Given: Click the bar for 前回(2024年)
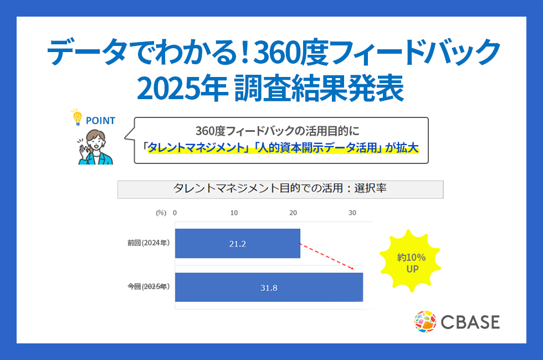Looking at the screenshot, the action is (x=238, y=243).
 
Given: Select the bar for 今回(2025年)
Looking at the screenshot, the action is (x=269, y=287).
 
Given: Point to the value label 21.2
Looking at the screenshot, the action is (x=238, y=244).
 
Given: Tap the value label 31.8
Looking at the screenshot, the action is (x=269, y=288).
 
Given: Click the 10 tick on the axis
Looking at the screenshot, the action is (x=234, y=213).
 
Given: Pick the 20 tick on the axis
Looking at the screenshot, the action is (x=293, y=213).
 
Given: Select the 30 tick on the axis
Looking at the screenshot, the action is (x=352, y=213).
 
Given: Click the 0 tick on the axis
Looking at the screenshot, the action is (x=175, y=213).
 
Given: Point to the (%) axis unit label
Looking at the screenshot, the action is (x=161, y=213).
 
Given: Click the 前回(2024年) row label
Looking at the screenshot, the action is (x=148, y=243).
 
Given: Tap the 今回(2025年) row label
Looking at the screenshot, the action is (x=148, y=287).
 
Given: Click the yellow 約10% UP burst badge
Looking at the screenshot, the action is (x=411, y=261).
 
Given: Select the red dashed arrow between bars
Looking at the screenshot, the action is (x=326, y=256).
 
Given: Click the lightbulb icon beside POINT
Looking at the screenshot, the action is (x=77, y=117).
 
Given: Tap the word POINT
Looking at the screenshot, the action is (x=100, y=121).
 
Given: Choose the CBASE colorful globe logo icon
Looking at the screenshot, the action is (x=426, y=322).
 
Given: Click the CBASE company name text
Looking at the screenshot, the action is (x=470, y=322).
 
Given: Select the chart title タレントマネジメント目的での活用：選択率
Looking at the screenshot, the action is (x=280, y=188).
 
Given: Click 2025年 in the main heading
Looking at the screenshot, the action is (x=182, y=89).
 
